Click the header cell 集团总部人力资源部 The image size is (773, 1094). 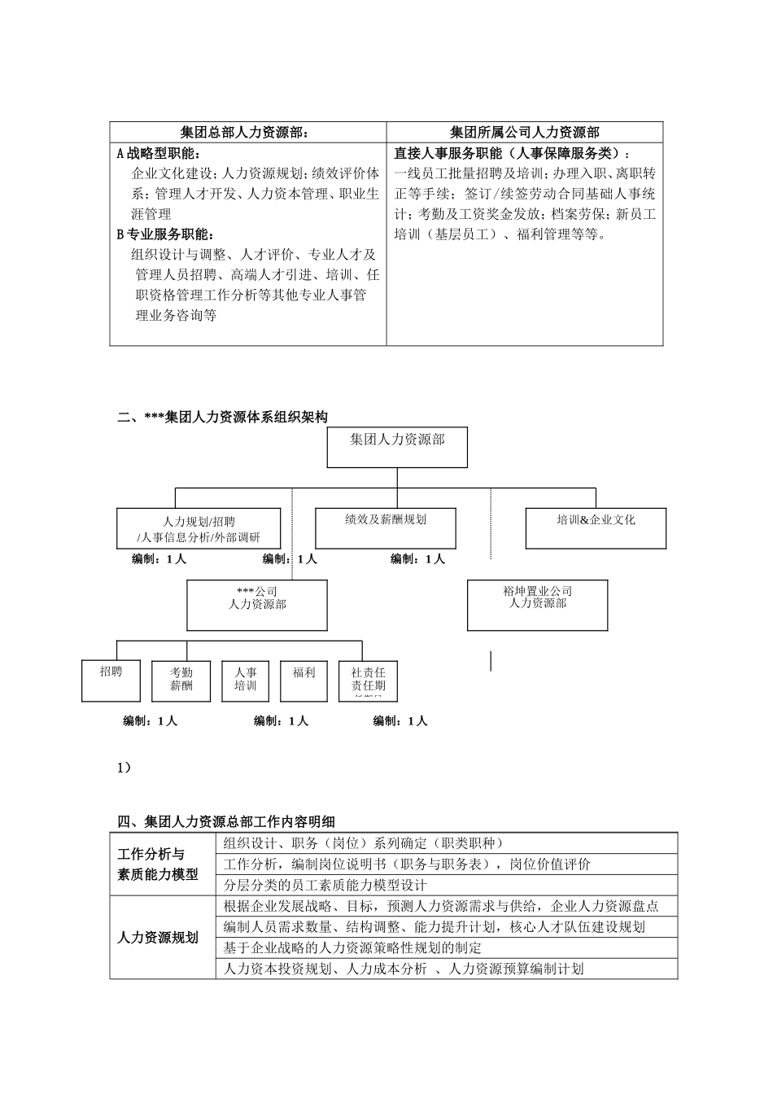click(x=247, y=133)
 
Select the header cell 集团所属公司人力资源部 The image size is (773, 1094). click(x=524, y=133)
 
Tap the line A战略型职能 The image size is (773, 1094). click(x=159, y=153)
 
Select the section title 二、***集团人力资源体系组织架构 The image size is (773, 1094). click(x=223, y=417)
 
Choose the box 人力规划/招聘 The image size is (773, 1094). click(x=199, y=529)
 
